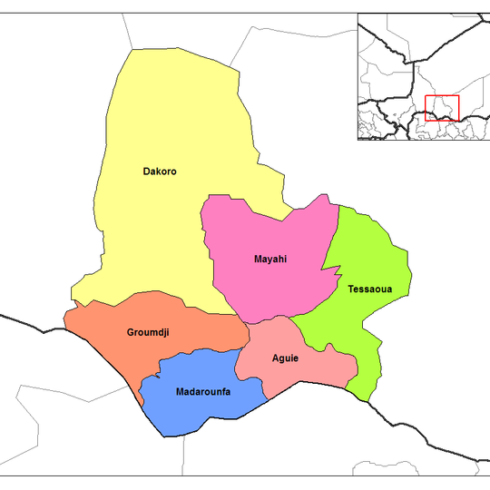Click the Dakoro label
[x=159, y=171]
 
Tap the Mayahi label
[x=270, y=260]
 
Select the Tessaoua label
[x=367, y=289]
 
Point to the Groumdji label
[x=149, y=333]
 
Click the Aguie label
[x=285, y=358]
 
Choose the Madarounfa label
[x=202, y=391]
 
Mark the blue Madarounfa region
[x=200, y=413]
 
